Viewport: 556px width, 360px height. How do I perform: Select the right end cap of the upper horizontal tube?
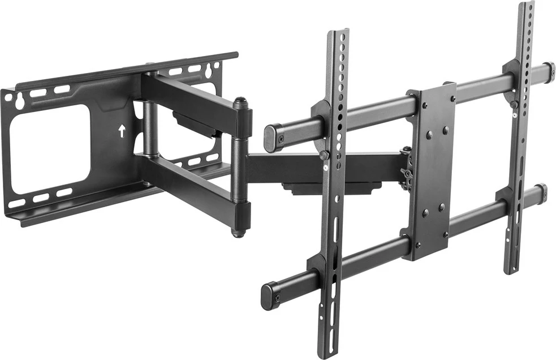[x=548, y=72]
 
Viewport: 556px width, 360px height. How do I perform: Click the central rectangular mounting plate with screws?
[x=432, y=170]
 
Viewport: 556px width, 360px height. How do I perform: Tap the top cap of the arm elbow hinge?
[x=240, y=102]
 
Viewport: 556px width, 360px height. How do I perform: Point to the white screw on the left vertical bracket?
[x=326, y=167]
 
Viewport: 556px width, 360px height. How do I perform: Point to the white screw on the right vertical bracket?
[x=515, y=115]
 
